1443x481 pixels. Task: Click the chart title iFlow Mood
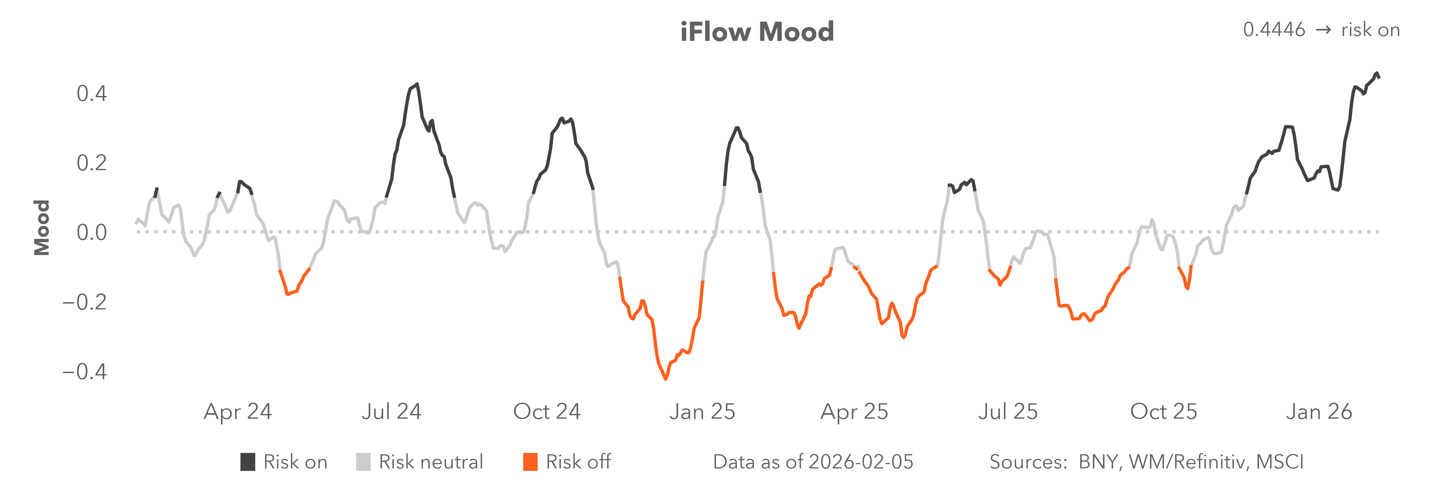(x=757, y=32)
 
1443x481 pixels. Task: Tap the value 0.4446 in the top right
(x=1274, y=30)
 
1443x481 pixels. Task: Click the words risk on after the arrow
(x=1370, y=30)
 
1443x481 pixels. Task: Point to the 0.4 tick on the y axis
(x=92, y=94)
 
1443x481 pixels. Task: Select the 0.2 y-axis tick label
(x=92, y=163)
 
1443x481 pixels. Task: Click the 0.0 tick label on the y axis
(x=92, y=232)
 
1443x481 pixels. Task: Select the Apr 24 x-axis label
(x=238, y=412)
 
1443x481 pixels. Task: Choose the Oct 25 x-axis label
(x=1163, y=412)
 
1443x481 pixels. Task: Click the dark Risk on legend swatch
(x=248, y=462)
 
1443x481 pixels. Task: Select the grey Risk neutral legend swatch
(x=363, y=462)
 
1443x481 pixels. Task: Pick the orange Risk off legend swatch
(x=530, y=462)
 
